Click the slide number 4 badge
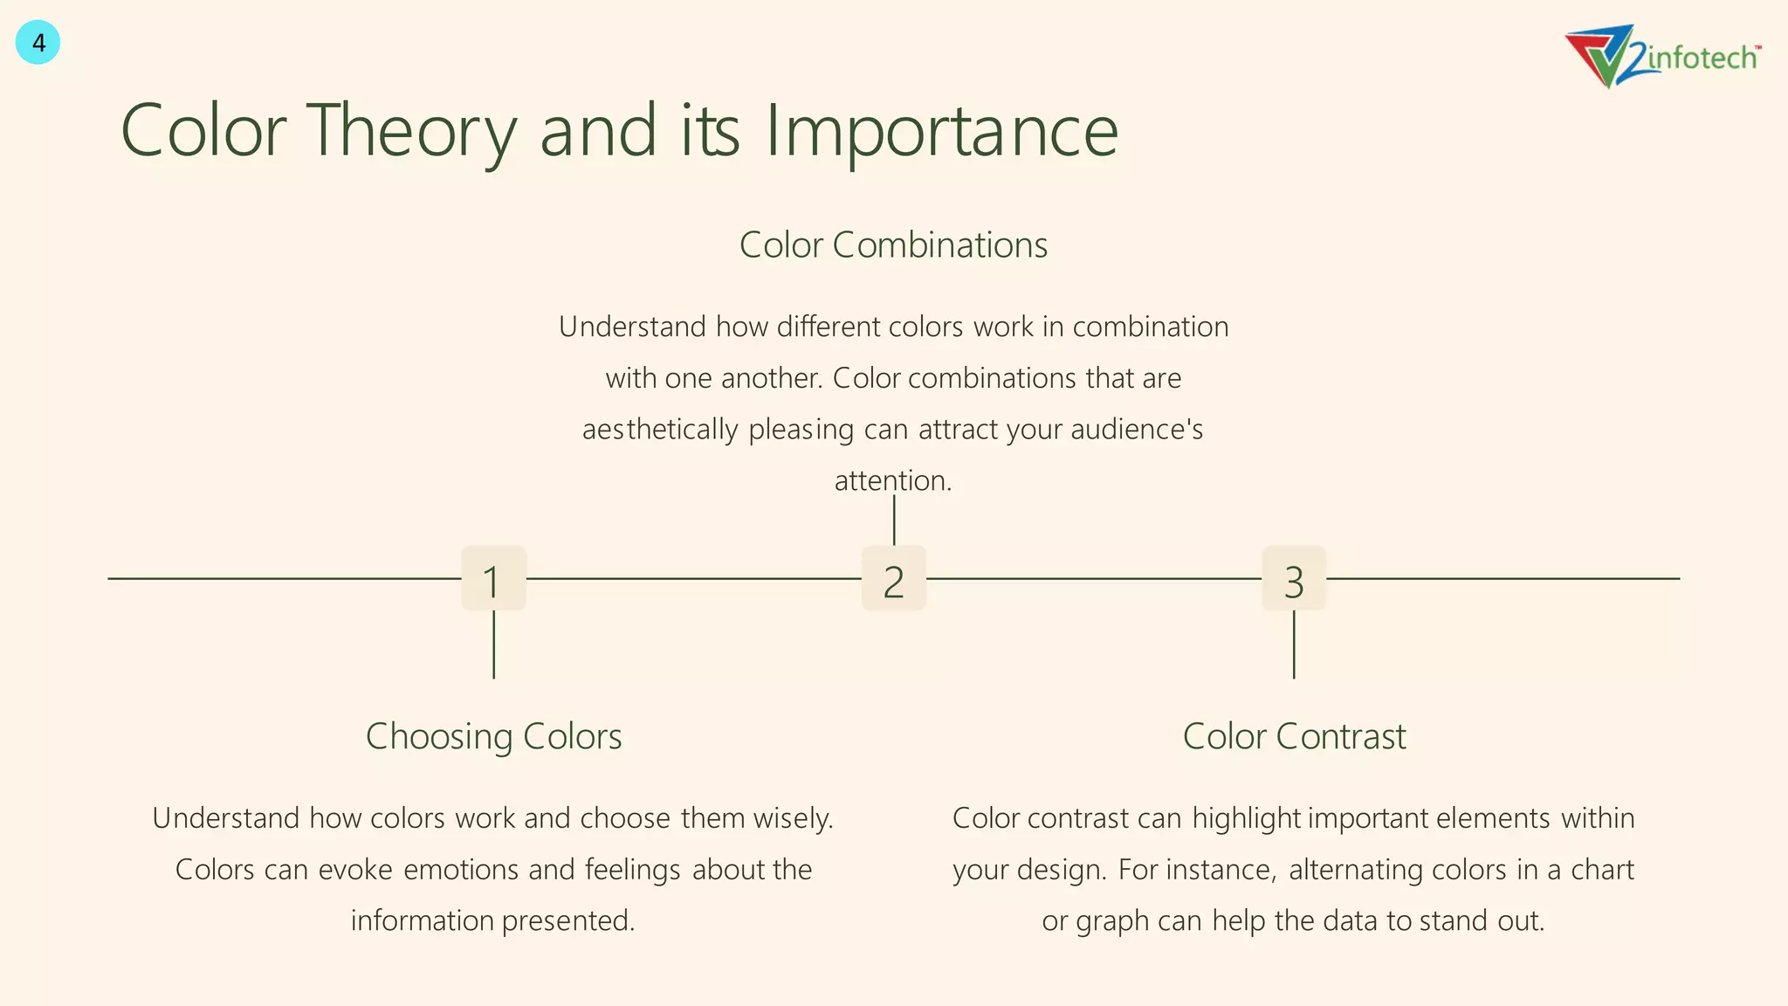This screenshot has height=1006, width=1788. tap(38, 43)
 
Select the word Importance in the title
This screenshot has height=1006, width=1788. tap(941, 131)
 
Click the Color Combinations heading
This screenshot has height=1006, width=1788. tap(893, 245)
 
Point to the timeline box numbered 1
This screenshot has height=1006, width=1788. tap(493, 579)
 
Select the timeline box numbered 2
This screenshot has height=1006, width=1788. tap(893, 579)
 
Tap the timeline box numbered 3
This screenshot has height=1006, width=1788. tap(1293, 579)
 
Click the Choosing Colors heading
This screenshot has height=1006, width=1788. tap(493, 736)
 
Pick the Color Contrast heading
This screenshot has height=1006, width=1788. tap(1294, 736)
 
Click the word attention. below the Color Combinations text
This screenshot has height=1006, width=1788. tap(892, 480)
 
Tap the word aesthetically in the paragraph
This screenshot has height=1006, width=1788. tap(660, 430)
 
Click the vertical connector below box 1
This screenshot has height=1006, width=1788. tap(493, 644)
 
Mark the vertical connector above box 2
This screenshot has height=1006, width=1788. tap(893, 521)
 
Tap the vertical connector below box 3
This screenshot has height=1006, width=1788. tap(1293, 644)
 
